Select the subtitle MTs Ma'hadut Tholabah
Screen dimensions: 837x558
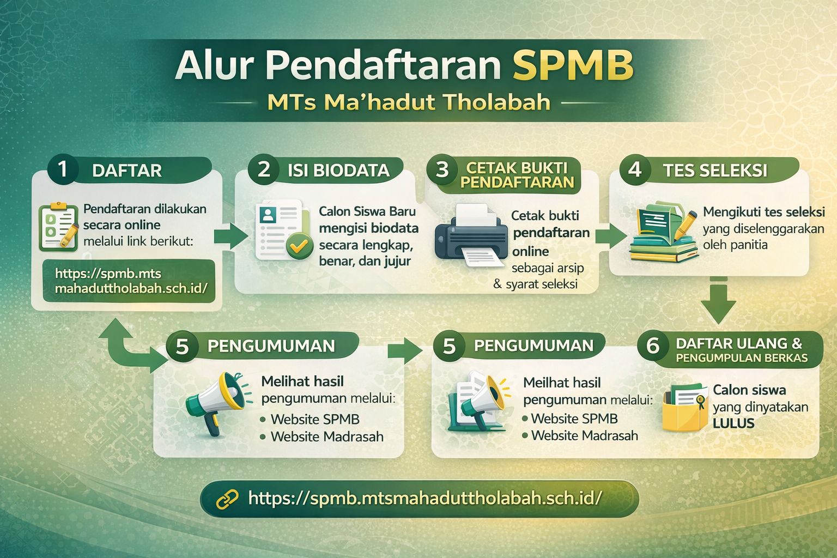click(409, 102)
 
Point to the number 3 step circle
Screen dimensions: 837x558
click(442, 169)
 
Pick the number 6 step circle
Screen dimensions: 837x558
click(652, 345)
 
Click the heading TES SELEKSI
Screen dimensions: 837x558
click(715, 171)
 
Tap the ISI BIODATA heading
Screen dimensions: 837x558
click(338, 171)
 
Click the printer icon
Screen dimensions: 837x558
click(471, 235)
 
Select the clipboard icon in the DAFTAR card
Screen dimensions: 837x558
click(59, 226)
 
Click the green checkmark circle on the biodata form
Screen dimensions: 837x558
click(299, 246)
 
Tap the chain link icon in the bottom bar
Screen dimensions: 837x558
click(227, 499)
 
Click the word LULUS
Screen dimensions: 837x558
click(733, 423)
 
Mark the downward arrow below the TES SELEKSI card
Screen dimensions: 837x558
click(718, 301)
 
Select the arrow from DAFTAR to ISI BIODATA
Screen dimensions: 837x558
click(231, 236)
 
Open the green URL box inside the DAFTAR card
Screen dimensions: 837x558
click(129, 281)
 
